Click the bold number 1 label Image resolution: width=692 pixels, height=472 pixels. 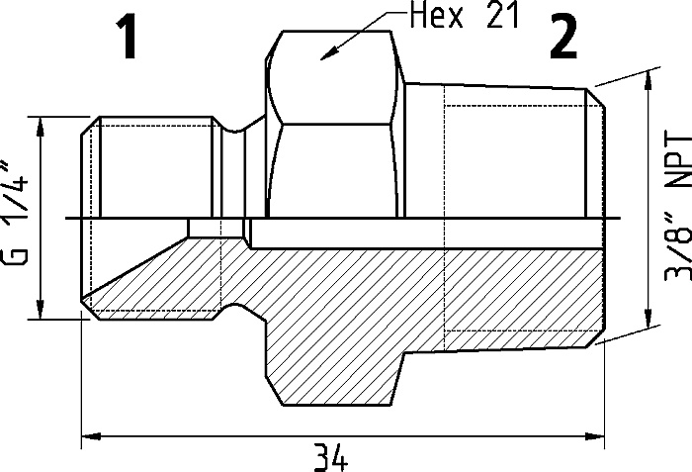128,38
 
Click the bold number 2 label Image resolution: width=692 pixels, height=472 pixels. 563,37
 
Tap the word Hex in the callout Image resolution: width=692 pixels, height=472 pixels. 437,16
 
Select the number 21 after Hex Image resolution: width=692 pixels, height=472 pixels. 502,16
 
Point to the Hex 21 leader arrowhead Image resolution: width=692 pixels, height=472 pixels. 328,53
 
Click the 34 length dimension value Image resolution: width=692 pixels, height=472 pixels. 330,458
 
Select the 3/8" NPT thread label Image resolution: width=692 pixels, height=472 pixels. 678,206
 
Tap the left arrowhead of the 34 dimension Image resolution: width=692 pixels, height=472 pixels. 91,436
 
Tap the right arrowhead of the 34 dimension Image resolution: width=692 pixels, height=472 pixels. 595,436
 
